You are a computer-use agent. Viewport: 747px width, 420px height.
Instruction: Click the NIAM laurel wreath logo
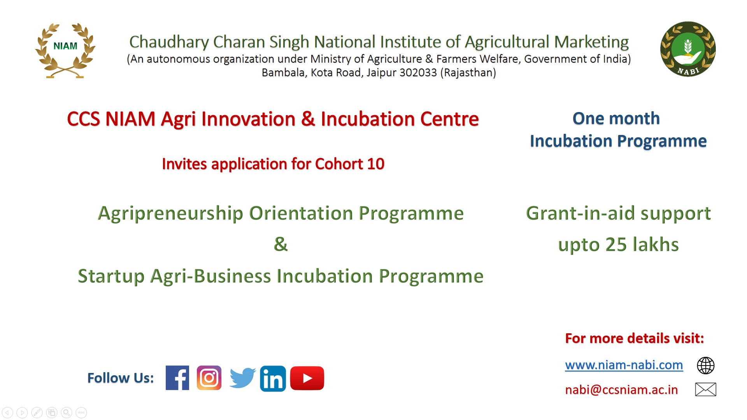click(x=65, y=51)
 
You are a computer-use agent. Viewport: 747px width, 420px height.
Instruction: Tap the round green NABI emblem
click(x=688, y=49)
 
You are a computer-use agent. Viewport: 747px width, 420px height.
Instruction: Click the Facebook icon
click(x=177, y=378)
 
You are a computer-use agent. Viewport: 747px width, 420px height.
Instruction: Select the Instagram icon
click(x=209, y=378)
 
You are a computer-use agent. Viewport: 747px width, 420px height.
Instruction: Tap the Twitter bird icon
click(x=242, y=378)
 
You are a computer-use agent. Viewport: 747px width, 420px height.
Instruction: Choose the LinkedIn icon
click(x=273, y=378)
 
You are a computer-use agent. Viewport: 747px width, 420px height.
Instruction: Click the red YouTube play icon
click(x=307, y=378)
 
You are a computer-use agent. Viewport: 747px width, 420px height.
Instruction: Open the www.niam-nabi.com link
click(x=624, y=365)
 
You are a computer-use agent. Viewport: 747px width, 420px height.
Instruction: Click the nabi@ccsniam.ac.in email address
click(x=621, y=390)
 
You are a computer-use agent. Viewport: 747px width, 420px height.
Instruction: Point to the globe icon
click(x=705, y=366)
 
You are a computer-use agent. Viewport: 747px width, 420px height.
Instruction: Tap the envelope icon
click(x=705, y=389)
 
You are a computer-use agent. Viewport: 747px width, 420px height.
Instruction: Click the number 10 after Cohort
click(x=375, y=164)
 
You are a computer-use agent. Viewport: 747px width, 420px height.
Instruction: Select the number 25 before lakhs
click(x=616, y=245)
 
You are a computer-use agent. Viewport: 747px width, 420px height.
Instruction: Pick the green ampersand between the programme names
click(x=281, y=244)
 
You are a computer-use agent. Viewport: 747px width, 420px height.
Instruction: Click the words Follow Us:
click(x=121, y=378)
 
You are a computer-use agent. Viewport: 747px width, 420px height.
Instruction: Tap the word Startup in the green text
click(x=111, y=276)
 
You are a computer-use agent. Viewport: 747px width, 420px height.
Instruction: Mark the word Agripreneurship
click(x=171, y=214)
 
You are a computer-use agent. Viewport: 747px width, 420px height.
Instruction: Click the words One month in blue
click(x=616, y=119)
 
